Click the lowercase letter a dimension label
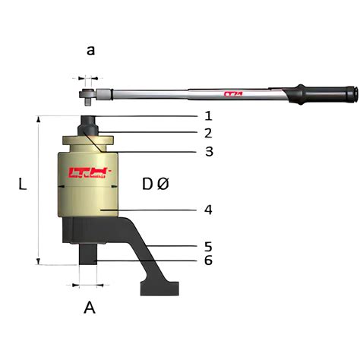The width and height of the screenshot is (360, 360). click(91, 51)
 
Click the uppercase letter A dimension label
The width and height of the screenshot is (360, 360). click(90, 308)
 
